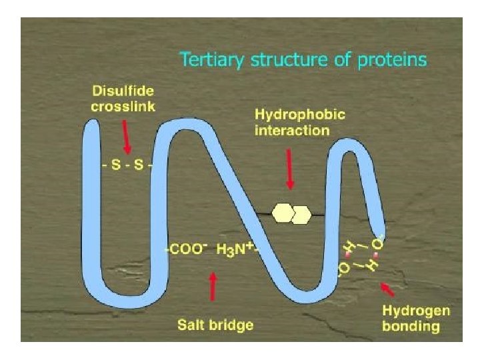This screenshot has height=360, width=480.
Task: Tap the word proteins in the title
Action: click(x=393, y=59)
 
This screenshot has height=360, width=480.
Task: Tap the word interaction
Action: click(x=292, y=131)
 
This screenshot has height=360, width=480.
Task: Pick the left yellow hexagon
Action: click(x=283, y=213)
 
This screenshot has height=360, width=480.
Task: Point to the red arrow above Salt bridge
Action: click(x=213, y=287)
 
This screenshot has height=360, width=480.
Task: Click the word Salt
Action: click(x=192, y=325)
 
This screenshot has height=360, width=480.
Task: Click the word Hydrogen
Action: click(x=416, y=311)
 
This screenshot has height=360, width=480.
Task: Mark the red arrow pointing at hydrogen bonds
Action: click(x=387, y=289)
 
